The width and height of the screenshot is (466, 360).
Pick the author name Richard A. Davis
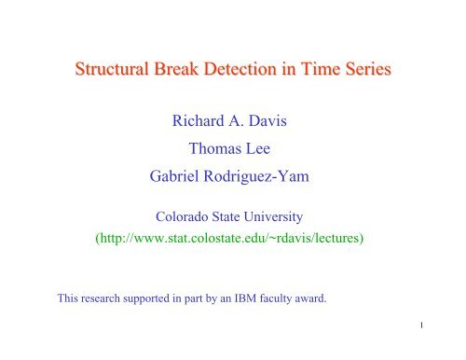tap(233, 118)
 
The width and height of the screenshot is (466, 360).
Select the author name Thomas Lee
tap(232, 148)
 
